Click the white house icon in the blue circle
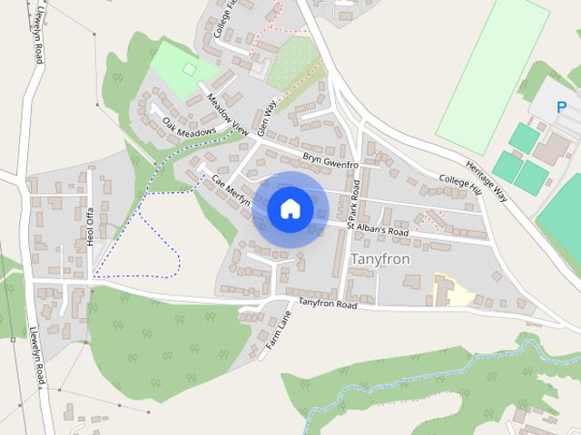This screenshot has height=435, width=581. pyautogui.click(x=290, y=208)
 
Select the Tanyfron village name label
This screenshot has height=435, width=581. pyautogui.click(x=379, y=259)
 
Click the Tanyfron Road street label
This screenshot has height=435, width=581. pyautogui.click(x=328, y=304)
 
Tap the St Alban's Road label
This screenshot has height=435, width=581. pyautogui.click(x=377, y=228)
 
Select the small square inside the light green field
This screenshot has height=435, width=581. pyautogui.click(x=190, y=68)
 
